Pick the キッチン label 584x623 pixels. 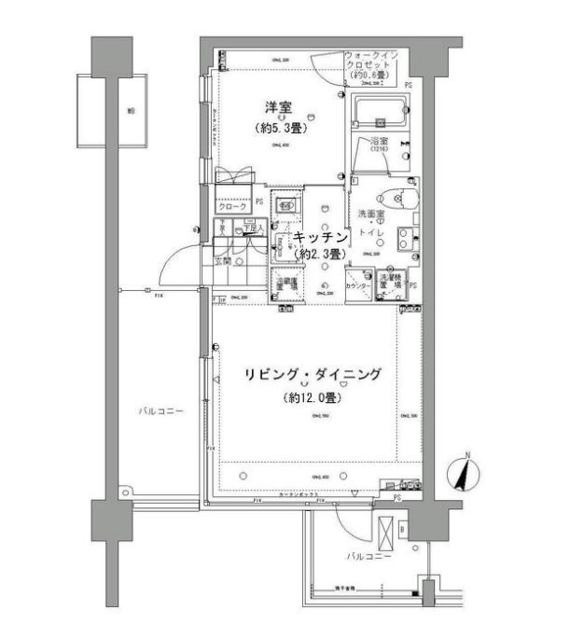[x=321, y=238]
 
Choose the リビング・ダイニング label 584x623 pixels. [x=313, y=375]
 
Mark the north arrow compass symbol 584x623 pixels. [x=464, y=473]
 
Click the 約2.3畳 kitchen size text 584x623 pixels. [x=321, y=253]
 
